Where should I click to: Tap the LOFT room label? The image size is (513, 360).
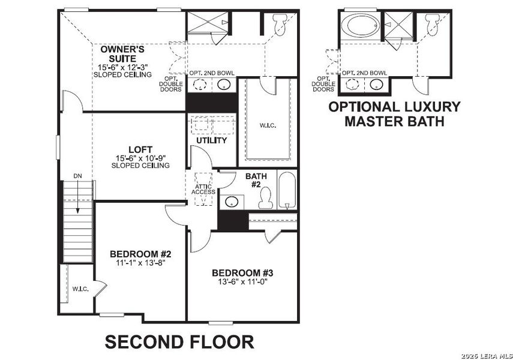click(140, 149)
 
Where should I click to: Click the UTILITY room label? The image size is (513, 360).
click(212, 140)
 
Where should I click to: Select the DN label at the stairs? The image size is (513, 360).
click(77, 175)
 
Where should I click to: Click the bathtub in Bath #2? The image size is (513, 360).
click(287, 190)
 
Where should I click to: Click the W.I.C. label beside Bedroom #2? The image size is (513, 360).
click(80, 289)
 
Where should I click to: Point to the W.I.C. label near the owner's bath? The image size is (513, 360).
click(268, 126)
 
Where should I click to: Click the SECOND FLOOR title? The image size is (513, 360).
click(179, 342)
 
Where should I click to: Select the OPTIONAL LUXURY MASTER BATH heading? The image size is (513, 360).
click(394, 114)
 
